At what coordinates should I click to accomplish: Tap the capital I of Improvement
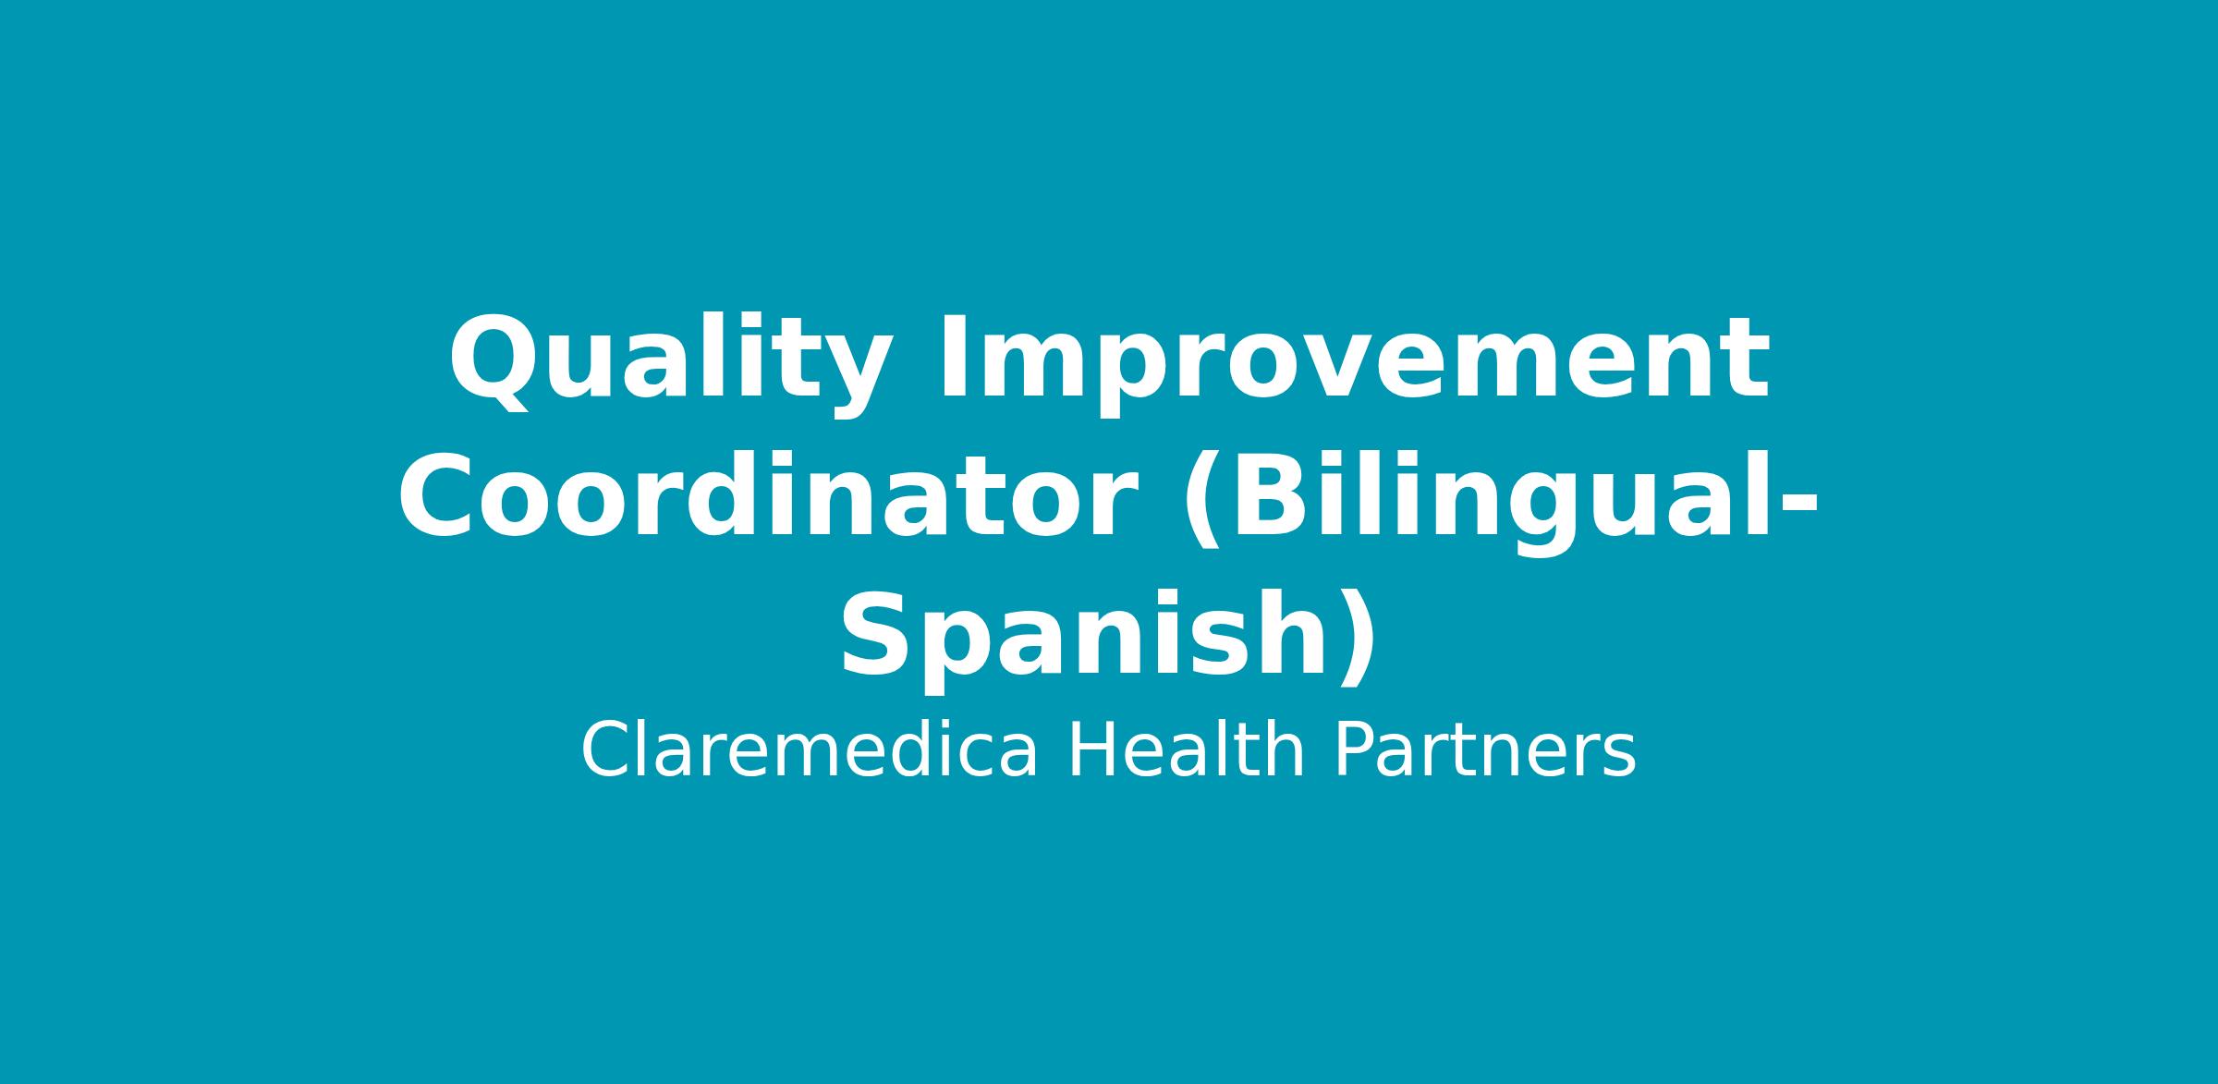point(950,358)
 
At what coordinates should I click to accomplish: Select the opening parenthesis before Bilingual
point(1199,504)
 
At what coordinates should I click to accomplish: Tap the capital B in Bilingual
point(1267,497)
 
